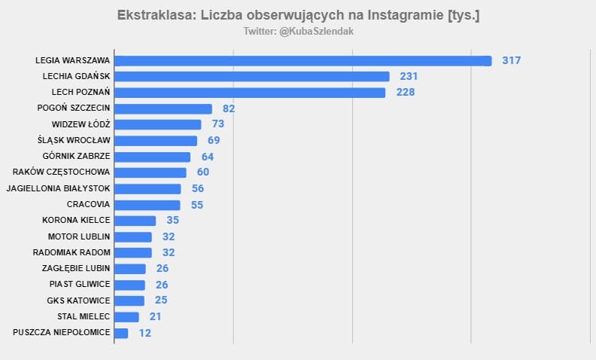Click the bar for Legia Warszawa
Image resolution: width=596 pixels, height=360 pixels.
pyautogui.click(x=303, y=61)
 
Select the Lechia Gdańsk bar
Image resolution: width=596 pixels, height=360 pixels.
pyautogui.click(x=251, y=77)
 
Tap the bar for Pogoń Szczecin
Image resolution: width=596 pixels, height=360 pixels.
pyautogui.click(x=163, y=108)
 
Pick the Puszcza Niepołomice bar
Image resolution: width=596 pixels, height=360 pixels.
pyautogui.click(x=121, y=332)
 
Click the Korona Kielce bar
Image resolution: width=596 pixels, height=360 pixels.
pyautogui.click(x=135, y=221)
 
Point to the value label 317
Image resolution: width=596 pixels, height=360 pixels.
pyautogui.click(x=512, y=61)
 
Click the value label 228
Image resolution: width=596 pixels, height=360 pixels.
pyautogui.click(x=406, y=93)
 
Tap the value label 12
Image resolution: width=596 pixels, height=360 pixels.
pyautogui.click(x=145, y=332)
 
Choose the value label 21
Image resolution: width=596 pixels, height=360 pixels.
pyautogui.click(x=155, y=316)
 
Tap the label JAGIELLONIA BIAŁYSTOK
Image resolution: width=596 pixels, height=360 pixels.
pyautogui.click(x=58, y=188)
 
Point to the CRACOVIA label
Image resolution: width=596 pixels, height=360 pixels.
pyautogui.click(x=88, y=204)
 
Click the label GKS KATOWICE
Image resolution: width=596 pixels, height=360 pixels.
pyautogui.click(x=78, y=301)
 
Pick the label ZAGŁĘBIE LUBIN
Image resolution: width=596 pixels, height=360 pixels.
pyautogui.click(x=76, y=268)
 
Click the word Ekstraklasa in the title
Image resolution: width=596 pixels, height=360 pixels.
pyautogui.click(x=154, y=16)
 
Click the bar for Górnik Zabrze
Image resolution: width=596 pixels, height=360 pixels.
pyautogui.click(x=152, y=157)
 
